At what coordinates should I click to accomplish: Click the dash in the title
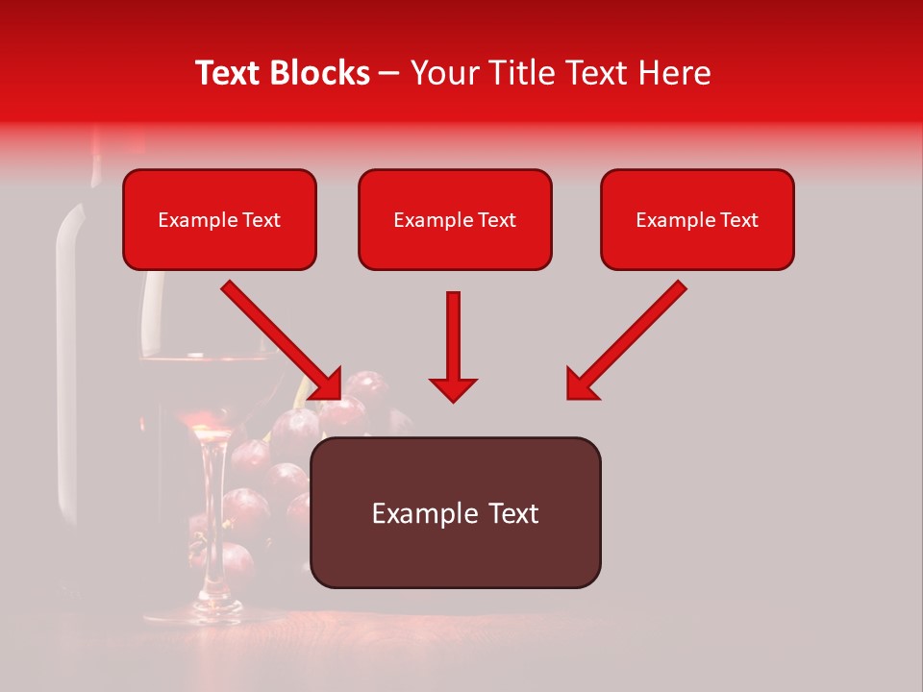[389, 74]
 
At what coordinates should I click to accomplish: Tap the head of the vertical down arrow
[453, 388]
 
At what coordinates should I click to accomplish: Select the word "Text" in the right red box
[738, 220]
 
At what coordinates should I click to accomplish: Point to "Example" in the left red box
[198, 220]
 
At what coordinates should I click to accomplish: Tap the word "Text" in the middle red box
[496, 220]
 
